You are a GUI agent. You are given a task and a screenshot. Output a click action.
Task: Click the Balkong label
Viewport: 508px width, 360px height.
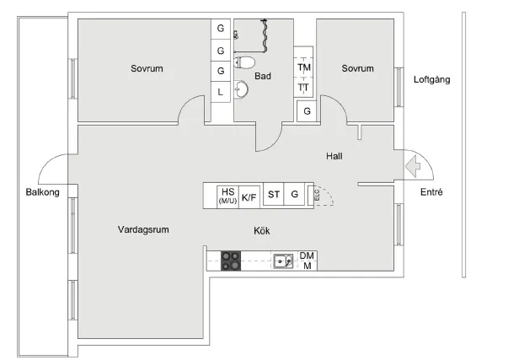point(42,193)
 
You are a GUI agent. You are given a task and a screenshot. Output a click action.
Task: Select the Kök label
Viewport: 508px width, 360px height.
point(262,230)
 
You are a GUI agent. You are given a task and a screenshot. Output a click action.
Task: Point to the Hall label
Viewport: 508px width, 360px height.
point(334,156)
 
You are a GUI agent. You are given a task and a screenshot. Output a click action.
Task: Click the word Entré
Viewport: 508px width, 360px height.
point(431,193)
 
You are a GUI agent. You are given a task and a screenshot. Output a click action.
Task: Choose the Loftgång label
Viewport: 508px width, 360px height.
point(432,81)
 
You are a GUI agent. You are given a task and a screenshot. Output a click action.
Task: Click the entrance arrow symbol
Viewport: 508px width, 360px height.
point(414,166)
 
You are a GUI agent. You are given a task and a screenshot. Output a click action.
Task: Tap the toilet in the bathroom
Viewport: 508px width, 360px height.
point(244,62)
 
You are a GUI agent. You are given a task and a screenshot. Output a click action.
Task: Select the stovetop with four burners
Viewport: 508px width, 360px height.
point(231,261)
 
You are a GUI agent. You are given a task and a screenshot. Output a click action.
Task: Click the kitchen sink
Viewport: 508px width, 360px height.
point(283,261)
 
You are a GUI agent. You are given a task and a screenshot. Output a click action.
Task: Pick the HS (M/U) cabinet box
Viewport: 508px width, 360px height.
point(227,196)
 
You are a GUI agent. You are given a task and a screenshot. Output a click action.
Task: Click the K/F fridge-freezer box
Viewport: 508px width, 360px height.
point(249,196)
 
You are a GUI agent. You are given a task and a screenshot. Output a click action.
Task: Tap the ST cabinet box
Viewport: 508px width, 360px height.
point(274,196)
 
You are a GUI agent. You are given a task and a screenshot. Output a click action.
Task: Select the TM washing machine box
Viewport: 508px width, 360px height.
point(303,67)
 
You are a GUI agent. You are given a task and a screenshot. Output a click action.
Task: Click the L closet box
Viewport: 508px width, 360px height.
point(221,91)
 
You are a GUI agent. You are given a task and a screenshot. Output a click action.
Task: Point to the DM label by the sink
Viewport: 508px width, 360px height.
point(307,256)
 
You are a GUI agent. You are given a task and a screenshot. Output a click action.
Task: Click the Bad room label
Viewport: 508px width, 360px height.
point(264,76)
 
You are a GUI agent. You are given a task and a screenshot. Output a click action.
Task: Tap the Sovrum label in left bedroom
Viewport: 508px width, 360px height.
point(147,68)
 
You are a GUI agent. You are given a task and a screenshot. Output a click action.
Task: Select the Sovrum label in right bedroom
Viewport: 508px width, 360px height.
point(358,68)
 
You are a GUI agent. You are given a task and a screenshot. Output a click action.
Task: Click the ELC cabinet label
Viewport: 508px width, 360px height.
point(316,196)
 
